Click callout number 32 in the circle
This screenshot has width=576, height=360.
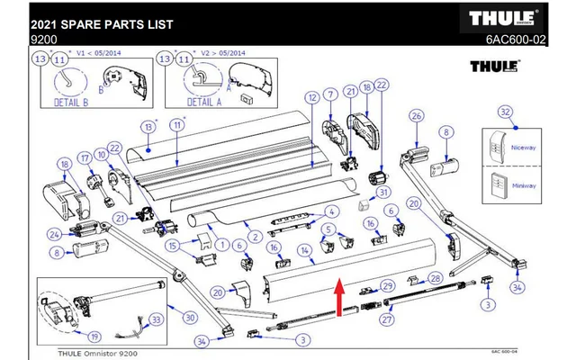(x=506, y=112)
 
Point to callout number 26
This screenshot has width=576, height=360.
(x=416, y=115)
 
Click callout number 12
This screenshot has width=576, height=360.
(x=310, y=96)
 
